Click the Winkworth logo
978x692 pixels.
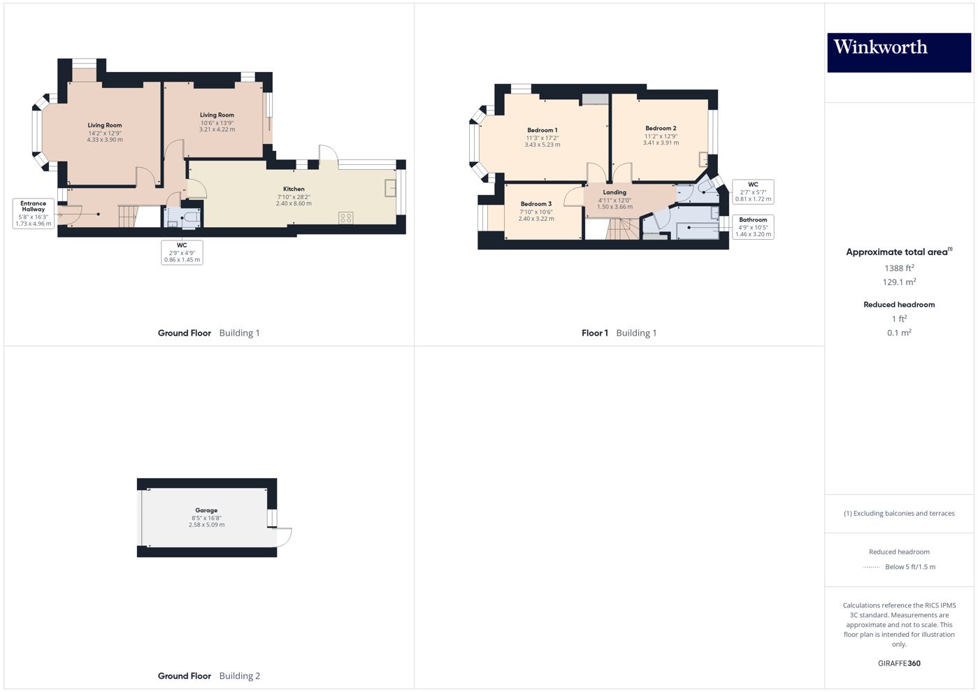pyautogui.click(x=899, y=52)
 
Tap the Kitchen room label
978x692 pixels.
pyautogui.click(x=294, y=189)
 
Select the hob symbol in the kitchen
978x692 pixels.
pyautogui.click(x=346, y=218)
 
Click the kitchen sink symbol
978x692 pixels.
pyautogui.click(x=390, y=188)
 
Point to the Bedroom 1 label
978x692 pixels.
pyautogui.click(x=542, y=131)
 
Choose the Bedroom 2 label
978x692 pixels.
pyautogui.click(x=661, y=129)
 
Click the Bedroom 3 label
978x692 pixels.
pyautogui.click(x=536, y=204)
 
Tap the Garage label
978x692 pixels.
pyautogui.click(x=206, y=510)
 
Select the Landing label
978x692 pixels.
pyautogui.click(x=614, y=192)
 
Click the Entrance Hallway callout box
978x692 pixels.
pyautogui.click(x=34, y=213)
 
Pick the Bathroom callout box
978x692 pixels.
pyautogui.click(x=753, y=227)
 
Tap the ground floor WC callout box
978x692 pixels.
pyautogui.click(x=182, y=252)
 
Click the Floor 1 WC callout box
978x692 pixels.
pyautogui.click(x=753, y=192)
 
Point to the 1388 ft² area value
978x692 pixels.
pyautogui.click(x=899, y=268)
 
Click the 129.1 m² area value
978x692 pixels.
pyautogui.click(x=899, y=282)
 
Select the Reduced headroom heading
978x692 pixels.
pyautogui.click(x=899, y=305)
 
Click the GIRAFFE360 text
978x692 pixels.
pyautogui.click(x=899, y=663)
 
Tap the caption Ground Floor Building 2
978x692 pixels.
pyautogui.click(x=208, y=676)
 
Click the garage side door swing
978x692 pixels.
pyautogui.click(x=282, y=537)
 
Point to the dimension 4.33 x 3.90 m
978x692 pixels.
pyautogui.click(x=105, y=140)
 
